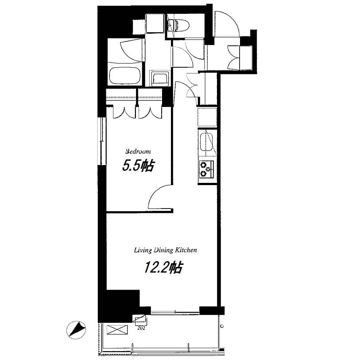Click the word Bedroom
[x=138, y=151]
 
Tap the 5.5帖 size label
[x=138, y=166]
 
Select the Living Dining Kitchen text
[x=165, y=250]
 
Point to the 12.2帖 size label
[x=163, y=267]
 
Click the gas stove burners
[x=206, y=169]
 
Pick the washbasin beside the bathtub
[x=160, y=78]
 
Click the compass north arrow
[x=77, y=329]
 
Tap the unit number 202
[x=141, y=328]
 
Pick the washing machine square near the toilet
[x=155, y=23]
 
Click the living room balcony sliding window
[x=175, y=312]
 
